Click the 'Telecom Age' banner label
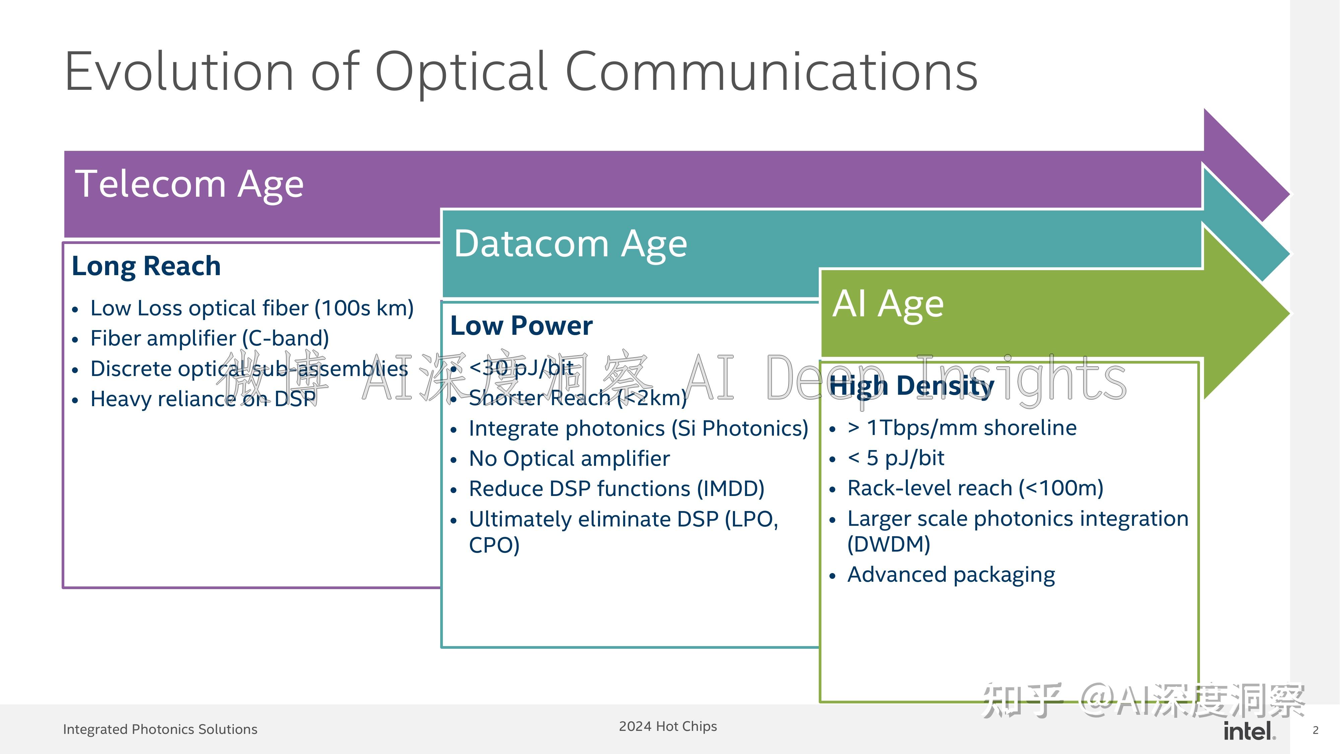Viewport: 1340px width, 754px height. [189, 184]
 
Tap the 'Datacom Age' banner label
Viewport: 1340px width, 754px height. [570, 244]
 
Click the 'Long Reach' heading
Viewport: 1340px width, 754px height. [146, 266]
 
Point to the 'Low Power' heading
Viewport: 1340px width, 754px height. [521, 326]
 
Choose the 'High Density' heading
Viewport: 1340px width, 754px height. [911, 386]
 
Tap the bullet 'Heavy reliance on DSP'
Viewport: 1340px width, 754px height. [203, 399]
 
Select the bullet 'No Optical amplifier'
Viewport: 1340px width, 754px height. [569, 458]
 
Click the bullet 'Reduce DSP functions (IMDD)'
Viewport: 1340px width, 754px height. [616, 489]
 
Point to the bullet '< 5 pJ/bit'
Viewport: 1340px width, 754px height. [896, 458]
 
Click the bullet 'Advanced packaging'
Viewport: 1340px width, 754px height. [951, 574]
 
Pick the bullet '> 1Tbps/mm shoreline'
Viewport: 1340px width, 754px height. [962, 428]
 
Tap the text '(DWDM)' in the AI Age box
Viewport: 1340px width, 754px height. [888, 544]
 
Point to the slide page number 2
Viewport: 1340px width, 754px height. [1316, 731]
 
